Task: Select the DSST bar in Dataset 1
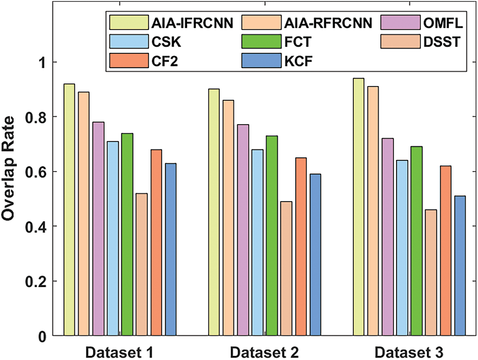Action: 141,264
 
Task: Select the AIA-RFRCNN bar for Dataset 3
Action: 373,211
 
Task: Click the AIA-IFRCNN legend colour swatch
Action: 125,23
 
